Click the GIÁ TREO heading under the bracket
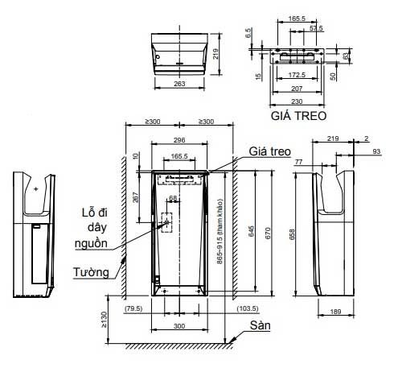point(299,115)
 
